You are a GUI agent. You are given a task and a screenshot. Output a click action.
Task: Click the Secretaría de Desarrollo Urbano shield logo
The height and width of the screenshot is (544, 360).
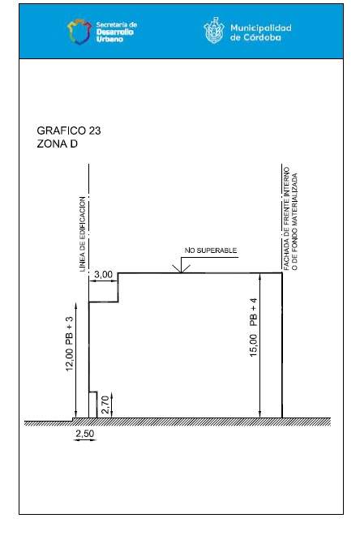click(x=79, y=32)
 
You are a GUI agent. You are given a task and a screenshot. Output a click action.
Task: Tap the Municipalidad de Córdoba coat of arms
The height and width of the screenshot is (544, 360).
click(x=214, y=31)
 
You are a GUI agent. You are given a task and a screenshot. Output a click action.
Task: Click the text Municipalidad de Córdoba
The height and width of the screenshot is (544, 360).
click(x=261, y=32)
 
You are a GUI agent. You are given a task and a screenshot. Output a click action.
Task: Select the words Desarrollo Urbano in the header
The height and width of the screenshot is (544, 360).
click(x=115, y=36)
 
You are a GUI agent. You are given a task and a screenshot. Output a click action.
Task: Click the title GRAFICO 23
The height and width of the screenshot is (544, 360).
click(x=69, y=131)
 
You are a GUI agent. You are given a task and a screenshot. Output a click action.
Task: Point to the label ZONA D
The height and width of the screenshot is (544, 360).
click(x=58, y=143)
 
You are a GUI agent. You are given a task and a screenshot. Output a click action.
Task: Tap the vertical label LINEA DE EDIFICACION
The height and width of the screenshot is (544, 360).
click(x=82, y=234)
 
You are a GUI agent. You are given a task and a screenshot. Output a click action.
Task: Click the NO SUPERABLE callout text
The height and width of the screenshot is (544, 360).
click(x=211, y=251)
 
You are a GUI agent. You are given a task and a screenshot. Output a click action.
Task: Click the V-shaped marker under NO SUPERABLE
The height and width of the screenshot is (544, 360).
click(x=181, y=268)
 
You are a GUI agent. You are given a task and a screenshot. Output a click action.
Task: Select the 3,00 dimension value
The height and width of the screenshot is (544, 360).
click(x=103, y=274)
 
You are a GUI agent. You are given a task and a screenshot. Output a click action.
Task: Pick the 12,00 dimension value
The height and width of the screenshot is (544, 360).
click(x=70, y=359)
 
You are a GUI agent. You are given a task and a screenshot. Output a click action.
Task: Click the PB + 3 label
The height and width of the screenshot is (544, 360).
click(x=70, y=330)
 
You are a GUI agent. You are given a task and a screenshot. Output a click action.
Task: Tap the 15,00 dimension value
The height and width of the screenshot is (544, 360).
click(x=254, y=345)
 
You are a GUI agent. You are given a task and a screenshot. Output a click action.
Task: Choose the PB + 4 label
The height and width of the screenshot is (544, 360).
click(x=254, y=312)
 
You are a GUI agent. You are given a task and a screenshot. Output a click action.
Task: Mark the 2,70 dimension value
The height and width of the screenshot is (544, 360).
click(x=105, y=405)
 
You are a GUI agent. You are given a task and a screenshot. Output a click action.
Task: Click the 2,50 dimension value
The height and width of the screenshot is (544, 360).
click(x=84, y=434)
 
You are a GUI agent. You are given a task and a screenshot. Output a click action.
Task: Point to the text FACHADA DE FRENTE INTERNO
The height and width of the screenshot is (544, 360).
click(x=286, y=219)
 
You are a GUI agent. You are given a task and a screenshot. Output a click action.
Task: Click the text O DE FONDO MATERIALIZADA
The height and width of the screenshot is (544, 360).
click(x=294, y=221)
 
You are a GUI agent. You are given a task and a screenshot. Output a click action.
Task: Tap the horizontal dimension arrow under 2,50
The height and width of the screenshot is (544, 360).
click(x=84, y=440)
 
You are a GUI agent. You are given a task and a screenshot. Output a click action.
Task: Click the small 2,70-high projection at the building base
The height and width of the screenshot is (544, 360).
click(x=93, y=405)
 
